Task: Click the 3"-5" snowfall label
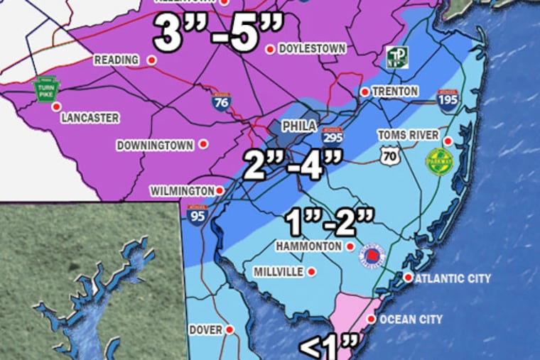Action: coord(219,35)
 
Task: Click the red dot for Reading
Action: coord(151,60)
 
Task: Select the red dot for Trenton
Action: coord(364,92)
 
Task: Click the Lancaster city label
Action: coord(89,118)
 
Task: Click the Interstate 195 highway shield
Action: coord(448,102)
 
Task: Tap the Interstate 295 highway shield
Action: coord(333,138)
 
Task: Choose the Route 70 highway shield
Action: coord(389,156)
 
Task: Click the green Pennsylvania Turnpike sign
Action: coord(48,89)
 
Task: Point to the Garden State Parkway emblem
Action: coord(439,159)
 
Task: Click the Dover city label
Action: coord(206,330)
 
